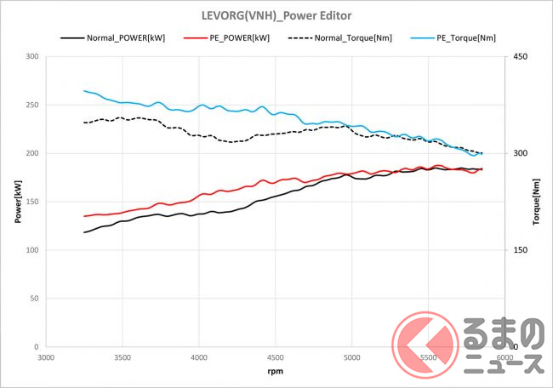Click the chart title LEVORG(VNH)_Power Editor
click(276, 15)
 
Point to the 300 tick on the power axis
click(32, 57)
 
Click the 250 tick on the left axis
click(32, 106)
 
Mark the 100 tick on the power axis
click(32, 250)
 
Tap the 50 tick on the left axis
click(34, 299)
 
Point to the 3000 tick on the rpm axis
click(47, 358)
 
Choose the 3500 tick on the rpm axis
click(123, 358)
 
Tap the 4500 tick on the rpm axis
click(276, 358)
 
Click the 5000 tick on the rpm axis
click(352, 358)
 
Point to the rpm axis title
click(276, 372)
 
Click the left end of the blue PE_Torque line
click(84, 90)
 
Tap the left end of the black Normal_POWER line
click(84, 232)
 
